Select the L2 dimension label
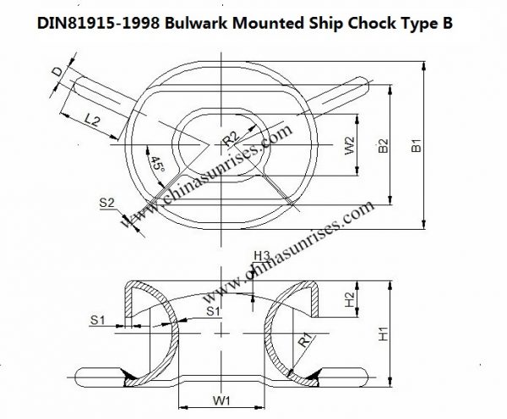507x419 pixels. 95,123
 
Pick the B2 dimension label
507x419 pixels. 383,146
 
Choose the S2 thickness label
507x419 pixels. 106,203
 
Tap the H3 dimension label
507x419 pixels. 261,254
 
